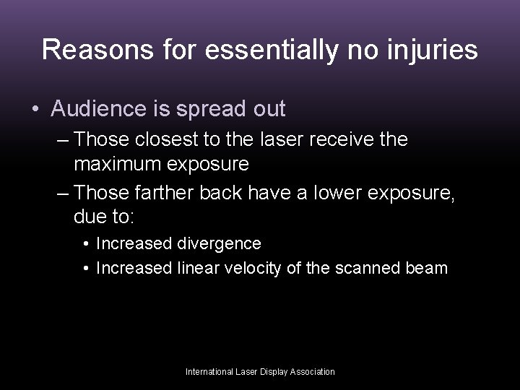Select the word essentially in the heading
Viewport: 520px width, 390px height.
click(261, 50)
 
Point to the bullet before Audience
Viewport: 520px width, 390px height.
click(35, 110)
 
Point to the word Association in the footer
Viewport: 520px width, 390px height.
click(311, 372)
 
